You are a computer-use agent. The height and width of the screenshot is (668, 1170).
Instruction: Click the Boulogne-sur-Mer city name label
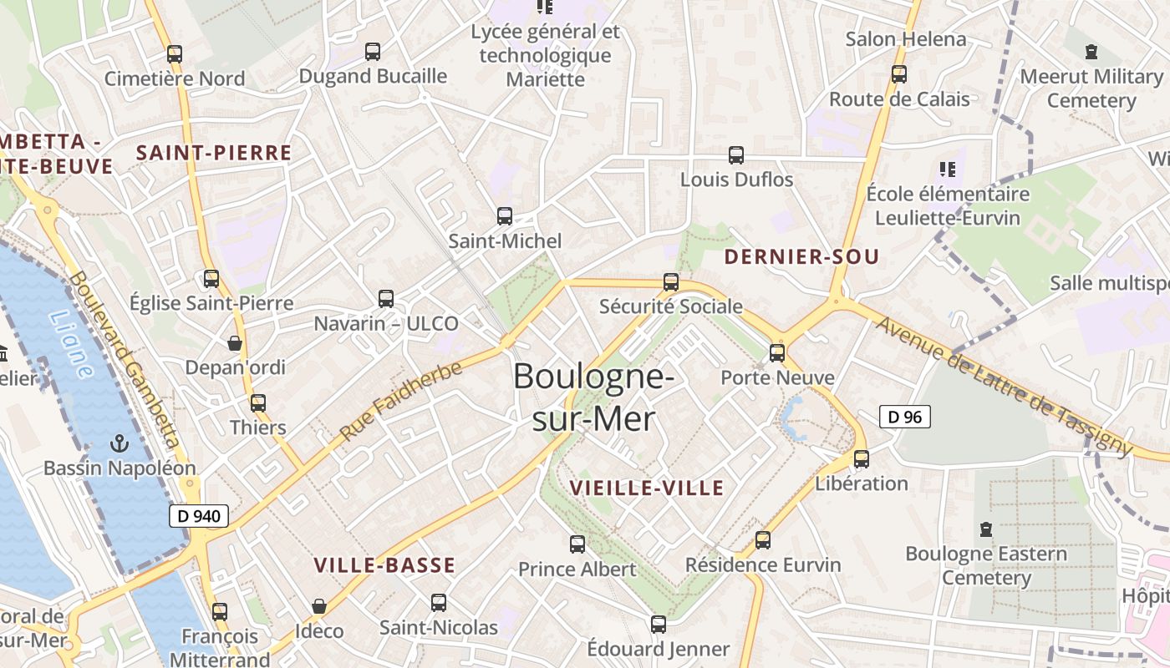click(593, 397)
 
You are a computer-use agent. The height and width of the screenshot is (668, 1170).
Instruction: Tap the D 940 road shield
click(199, 516)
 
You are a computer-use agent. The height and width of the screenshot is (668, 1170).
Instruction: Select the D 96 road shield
click(905, 417)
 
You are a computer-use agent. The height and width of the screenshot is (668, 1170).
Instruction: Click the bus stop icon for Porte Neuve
click(777, 353)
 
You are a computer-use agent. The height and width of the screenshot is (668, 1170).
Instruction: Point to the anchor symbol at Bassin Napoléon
click(119, 443)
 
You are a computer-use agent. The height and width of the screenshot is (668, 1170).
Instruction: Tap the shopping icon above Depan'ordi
click(235, 343)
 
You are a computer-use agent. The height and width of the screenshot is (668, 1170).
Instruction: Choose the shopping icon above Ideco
click(318, 606)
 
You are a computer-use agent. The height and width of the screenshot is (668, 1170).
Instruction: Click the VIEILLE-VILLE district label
click(646, 488)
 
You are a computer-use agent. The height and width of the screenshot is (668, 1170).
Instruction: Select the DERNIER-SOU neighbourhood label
click(801, 257)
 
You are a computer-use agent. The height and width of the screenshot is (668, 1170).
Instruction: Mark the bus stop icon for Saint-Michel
click(505, 216)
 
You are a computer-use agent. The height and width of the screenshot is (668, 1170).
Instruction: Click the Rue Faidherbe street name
click(401, 402)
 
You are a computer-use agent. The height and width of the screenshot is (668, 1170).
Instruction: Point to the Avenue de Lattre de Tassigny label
click(1003, 385)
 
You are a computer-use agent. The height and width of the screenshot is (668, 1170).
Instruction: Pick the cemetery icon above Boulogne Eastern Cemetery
click(986, 529)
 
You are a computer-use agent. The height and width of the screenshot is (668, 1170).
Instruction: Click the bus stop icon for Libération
click(862, 459)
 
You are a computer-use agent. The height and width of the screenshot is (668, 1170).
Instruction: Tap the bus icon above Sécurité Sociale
click(671, 282)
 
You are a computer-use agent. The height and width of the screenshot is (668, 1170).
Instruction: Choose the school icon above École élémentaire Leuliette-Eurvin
click(947, 170)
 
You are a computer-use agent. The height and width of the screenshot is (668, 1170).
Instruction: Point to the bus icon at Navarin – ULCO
click(386, 299)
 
